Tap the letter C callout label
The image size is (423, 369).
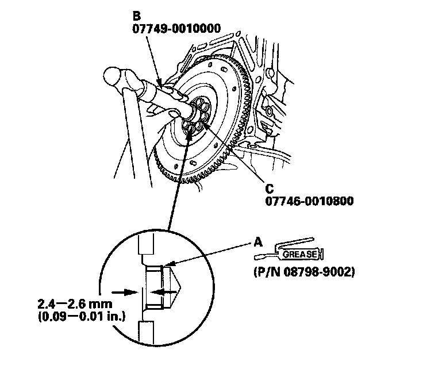click(x=269, y=188)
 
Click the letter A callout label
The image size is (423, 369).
click(x=257, y=243)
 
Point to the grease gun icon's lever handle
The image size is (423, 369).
click(x=294, y=241)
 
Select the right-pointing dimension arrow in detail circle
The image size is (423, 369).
click(x=129, y=291)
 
